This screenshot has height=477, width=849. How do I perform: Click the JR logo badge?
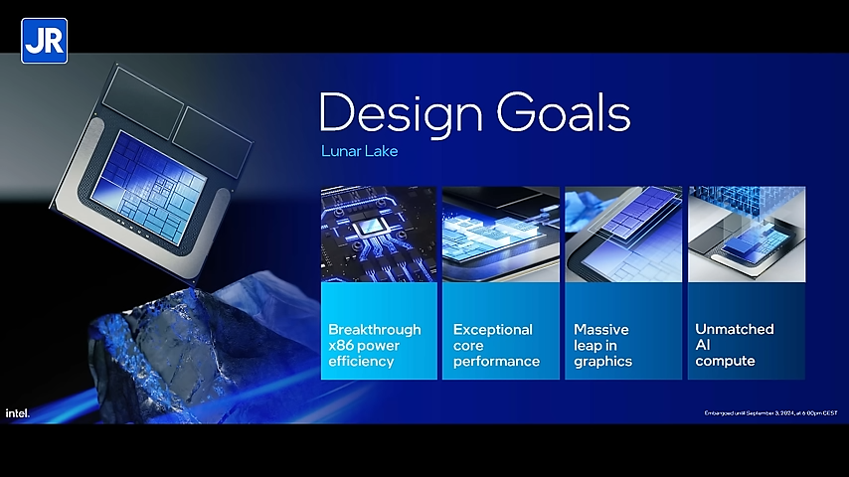(x=44, y=41)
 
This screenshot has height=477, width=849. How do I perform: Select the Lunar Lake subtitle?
(x=359, y=152)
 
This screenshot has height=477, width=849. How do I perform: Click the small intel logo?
(x=17, y=412)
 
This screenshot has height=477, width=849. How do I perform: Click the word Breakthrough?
(x=375, y=329)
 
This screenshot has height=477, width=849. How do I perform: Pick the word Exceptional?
(x=493, y=329)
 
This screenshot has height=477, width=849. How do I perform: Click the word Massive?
(x=601, y=329)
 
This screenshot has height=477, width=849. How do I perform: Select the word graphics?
(x=602, y=361)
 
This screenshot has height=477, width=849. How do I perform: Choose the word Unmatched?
(x=735, y=329)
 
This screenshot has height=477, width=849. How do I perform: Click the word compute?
(x=725, y=360)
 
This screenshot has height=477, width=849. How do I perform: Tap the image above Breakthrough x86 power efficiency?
(x=379, y=234)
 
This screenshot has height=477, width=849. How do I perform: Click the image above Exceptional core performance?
(x=501, y=234)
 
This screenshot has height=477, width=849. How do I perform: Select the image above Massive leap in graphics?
(x=623, y=234)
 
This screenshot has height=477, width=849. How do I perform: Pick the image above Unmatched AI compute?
(x=746, y=234)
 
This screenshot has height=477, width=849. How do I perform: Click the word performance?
(x=496, y=361)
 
